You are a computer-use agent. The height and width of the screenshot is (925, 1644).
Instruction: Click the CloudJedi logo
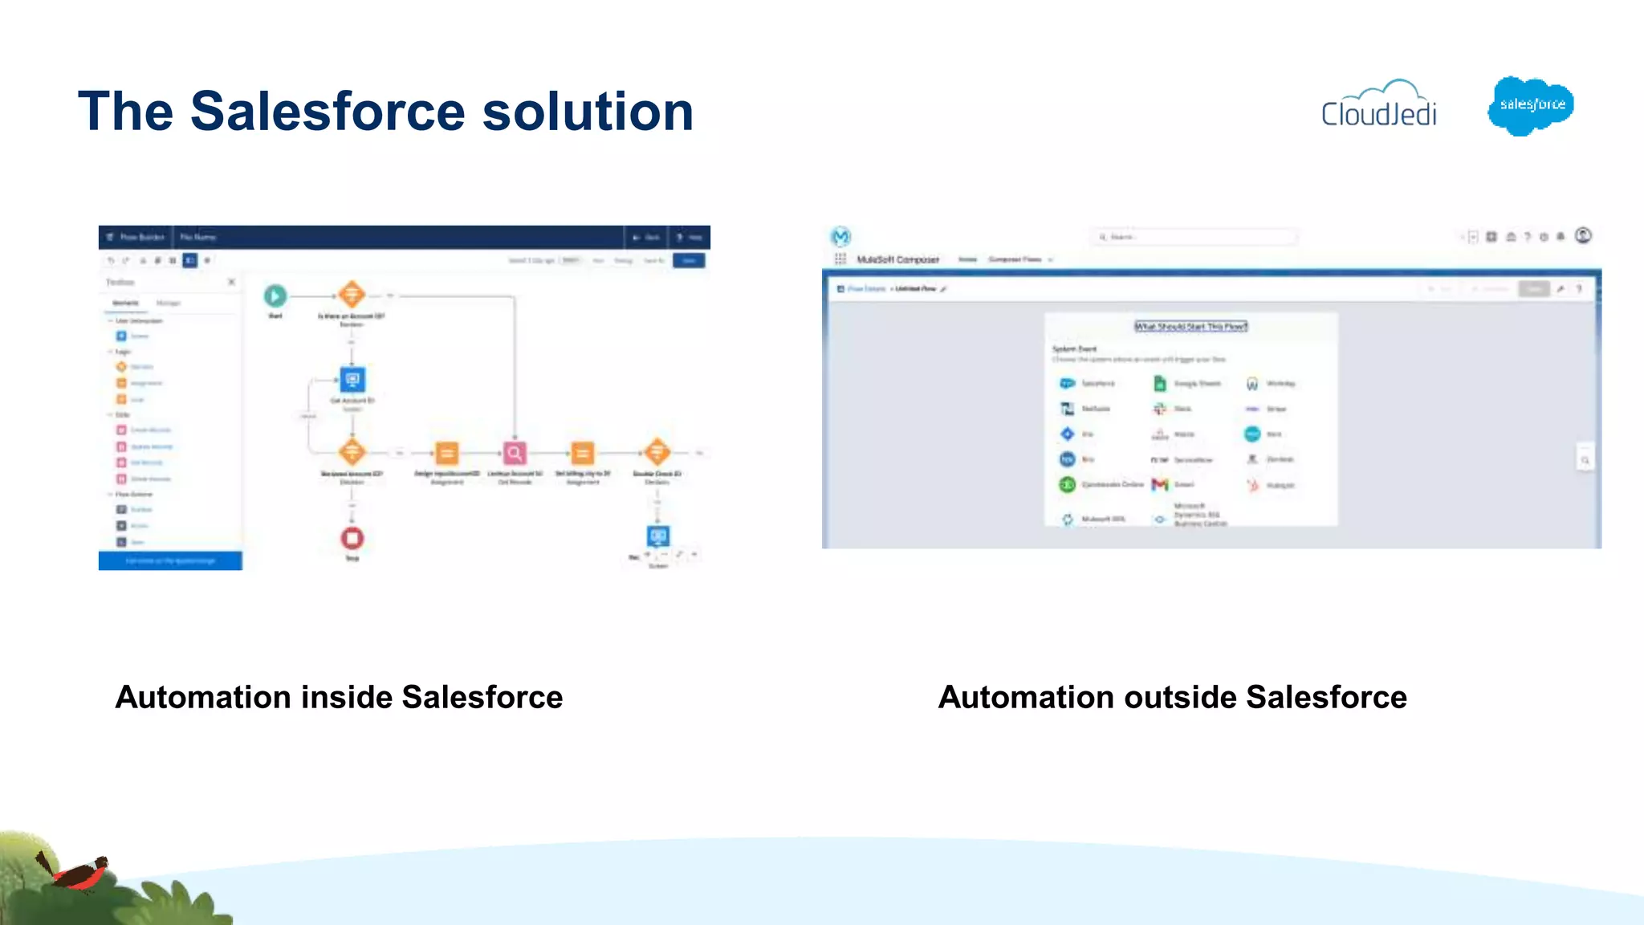point(1379,105)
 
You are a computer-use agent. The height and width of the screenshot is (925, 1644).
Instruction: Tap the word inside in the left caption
point(347,697)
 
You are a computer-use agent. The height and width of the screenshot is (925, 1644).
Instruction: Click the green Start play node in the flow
point(275,296)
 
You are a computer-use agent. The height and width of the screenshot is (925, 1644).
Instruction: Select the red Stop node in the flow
point(352,538)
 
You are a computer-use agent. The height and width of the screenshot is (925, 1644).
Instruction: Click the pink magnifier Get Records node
point(515,454)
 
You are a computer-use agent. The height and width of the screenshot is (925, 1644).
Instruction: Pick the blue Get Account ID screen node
point(352,380)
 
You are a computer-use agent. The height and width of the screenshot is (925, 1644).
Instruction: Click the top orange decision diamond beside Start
point(352,295)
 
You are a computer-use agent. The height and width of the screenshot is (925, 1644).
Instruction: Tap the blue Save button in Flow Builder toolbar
point(689,260)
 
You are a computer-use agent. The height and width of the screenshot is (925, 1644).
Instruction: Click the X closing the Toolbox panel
point(231,282)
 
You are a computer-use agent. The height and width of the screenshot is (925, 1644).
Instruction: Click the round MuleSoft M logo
point(840,237)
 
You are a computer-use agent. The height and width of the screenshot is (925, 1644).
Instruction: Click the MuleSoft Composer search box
point(1194,237)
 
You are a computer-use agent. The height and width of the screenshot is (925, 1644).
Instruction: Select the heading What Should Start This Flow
point(1190,326)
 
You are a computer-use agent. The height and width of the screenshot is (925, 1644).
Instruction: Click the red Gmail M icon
point(1160,484)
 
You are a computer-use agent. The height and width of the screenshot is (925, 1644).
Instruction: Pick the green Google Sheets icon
point(1159,384)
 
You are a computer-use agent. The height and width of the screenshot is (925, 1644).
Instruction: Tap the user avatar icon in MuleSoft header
point(1583,235)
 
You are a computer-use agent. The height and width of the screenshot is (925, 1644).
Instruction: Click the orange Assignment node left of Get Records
point(447,454)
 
